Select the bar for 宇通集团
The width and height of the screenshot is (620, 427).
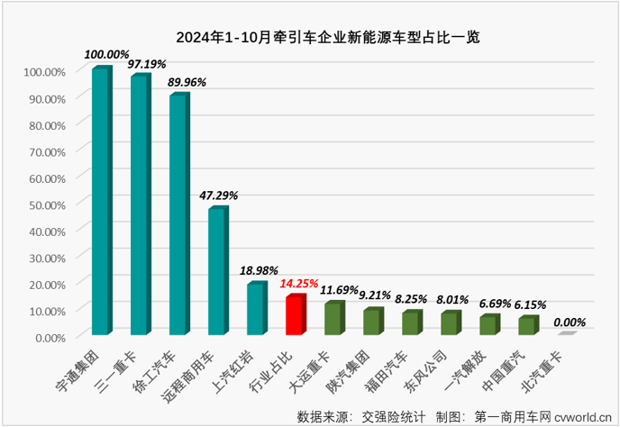point(101,201)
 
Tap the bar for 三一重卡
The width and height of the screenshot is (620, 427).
point(140,205)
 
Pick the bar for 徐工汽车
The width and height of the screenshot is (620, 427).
point(178,214)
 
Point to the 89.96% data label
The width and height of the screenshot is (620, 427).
point(187,81)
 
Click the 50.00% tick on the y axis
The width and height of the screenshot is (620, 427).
point(43,204)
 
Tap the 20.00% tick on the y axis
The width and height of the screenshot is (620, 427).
point(43,284)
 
